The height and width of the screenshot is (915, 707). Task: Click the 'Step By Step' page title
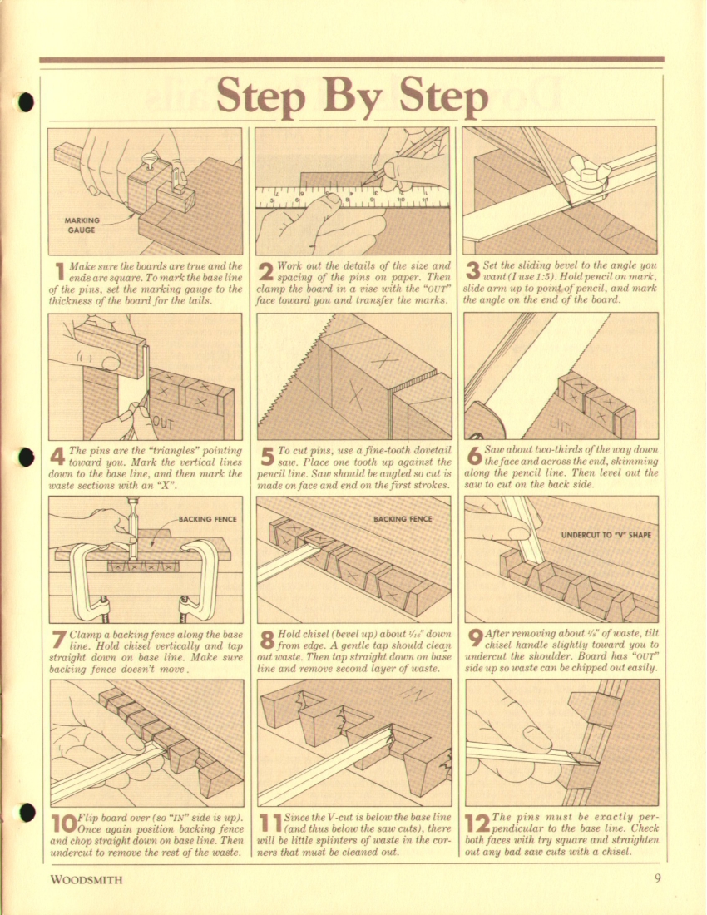click(352, 96)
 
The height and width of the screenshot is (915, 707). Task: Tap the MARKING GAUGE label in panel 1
click(81, 225)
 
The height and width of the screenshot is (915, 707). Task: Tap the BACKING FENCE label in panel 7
click(208, 519)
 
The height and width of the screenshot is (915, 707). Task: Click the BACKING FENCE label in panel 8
click(403, 519)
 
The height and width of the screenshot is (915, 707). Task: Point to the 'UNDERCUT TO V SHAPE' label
click(606, 535)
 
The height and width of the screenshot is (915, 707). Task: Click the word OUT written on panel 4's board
click(163, 423)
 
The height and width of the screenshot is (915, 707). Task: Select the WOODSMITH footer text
click(87, 879)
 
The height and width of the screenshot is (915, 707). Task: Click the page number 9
click(657, 878)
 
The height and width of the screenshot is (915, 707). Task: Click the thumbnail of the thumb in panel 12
click(536, 735)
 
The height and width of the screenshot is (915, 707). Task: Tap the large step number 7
click(58, 640)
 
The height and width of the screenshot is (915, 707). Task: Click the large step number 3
click(473, 271)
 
